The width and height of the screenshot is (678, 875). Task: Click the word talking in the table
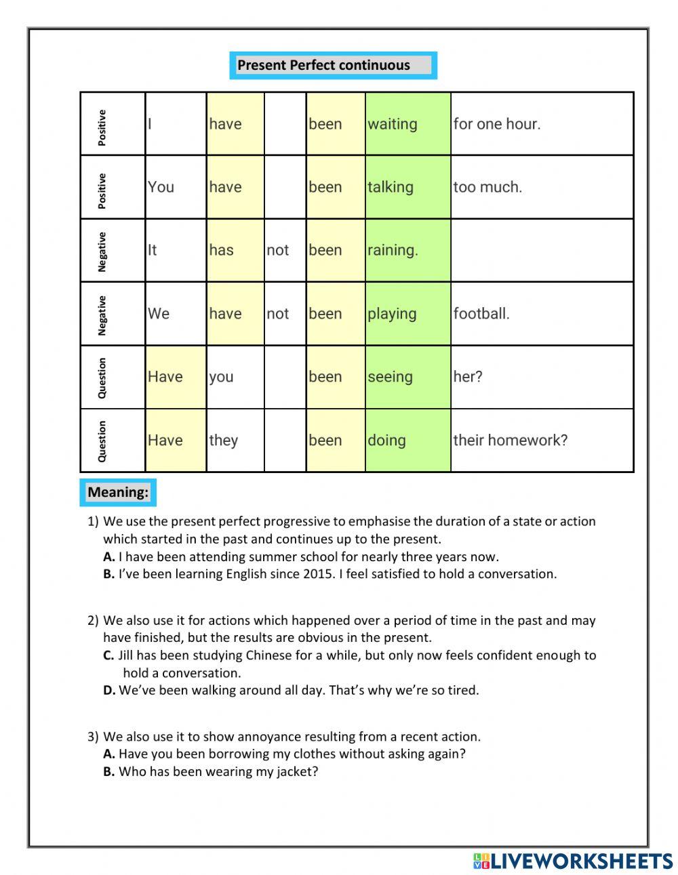[x=391, y=187]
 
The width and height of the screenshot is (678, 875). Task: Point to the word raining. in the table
[x=393, y=250]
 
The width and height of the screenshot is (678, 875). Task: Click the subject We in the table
[x=159, y=314]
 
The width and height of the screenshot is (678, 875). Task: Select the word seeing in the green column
[x=390, y=377]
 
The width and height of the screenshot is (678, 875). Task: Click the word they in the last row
[x=223, y=441]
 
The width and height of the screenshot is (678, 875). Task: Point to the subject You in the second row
[x=161, y=187]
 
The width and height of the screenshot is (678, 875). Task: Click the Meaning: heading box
[x=118, y=492]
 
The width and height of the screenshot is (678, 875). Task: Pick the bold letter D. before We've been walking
[x=109, y=691]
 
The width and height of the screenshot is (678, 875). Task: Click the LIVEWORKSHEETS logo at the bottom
[x=573, y=861]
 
